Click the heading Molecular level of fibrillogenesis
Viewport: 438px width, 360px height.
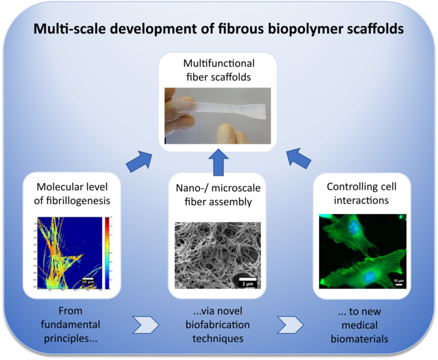[68, 192]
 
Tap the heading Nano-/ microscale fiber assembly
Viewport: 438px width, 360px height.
[218, 192]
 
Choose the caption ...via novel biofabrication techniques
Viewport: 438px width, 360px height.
[218, 325]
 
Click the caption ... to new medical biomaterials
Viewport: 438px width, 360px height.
[360, 325]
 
